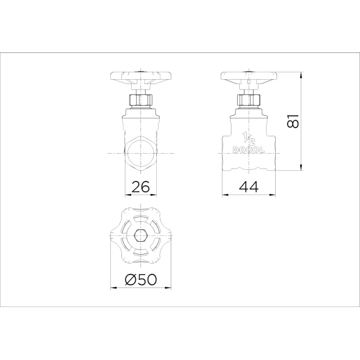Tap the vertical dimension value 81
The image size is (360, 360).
[x=292, y=121]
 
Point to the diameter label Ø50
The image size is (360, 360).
[x=141, y=279]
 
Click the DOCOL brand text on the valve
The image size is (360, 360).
[x=249, y=150]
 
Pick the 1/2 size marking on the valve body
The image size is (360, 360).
[x=248, y=139]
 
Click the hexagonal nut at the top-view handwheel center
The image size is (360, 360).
[x=140, y=236]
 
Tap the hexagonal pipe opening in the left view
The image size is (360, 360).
[x=140, y=153]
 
